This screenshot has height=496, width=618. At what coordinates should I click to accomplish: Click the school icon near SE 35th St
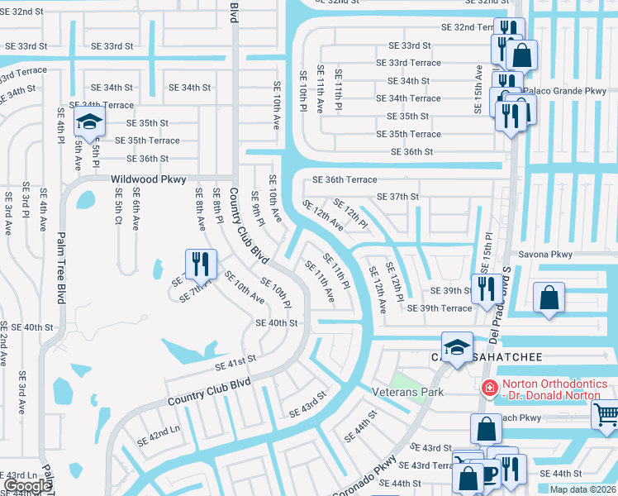88,123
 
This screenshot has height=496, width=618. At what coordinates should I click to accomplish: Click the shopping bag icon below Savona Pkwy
549,297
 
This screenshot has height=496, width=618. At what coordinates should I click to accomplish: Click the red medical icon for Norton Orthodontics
490,387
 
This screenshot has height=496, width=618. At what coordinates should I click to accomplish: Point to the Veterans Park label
407,392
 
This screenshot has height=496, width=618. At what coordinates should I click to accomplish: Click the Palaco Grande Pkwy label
568,90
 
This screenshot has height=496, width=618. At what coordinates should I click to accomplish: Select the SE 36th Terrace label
345,179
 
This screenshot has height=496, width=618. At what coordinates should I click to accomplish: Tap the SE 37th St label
398,197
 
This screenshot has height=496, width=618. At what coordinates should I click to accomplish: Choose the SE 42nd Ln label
158,437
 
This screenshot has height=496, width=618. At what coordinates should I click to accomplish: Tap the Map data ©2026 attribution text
582,489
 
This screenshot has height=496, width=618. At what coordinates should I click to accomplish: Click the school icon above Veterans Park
457,347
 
